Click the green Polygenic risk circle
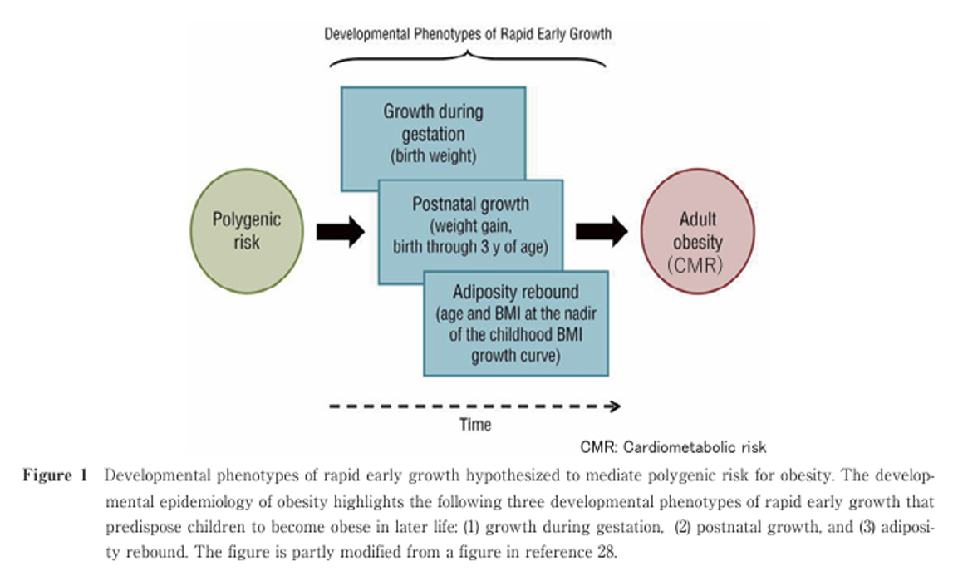pyautogui.click(x=247, y=231)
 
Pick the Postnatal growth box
pyautogui.click(x=470, y=224)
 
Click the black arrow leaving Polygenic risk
pyautogui.click(x=341, y=231)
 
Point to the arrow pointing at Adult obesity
pyautogui.click(x=602, y=231)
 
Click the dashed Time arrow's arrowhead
pyautogui.click(x=614, y=406)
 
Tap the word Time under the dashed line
pyautogui.click(x=475, y=425)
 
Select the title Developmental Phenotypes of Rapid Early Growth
pyautogui.click(x=468, y=34)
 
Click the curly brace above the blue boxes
pyautogui.click(x=468, y=57)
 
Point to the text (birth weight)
pyautogui.click(x=433, y=155)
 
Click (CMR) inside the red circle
pyautogui.click(x=698, y=266)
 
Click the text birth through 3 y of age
pyautogui.click(x=470, y=248)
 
